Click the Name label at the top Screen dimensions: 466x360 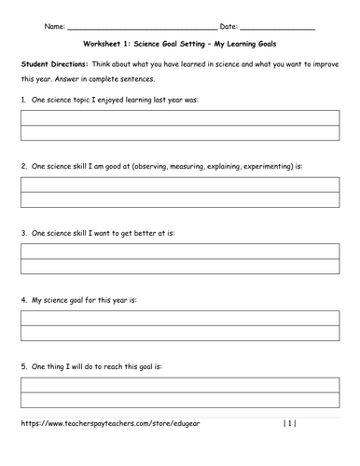click(54, 26)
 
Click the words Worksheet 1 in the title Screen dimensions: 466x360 click(102, 44)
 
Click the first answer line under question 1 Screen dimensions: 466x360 click(179, 118)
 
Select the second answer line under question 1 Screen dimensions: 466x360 click(179, 133)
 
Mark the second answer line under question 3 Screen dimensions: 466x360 click(179, 266)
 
